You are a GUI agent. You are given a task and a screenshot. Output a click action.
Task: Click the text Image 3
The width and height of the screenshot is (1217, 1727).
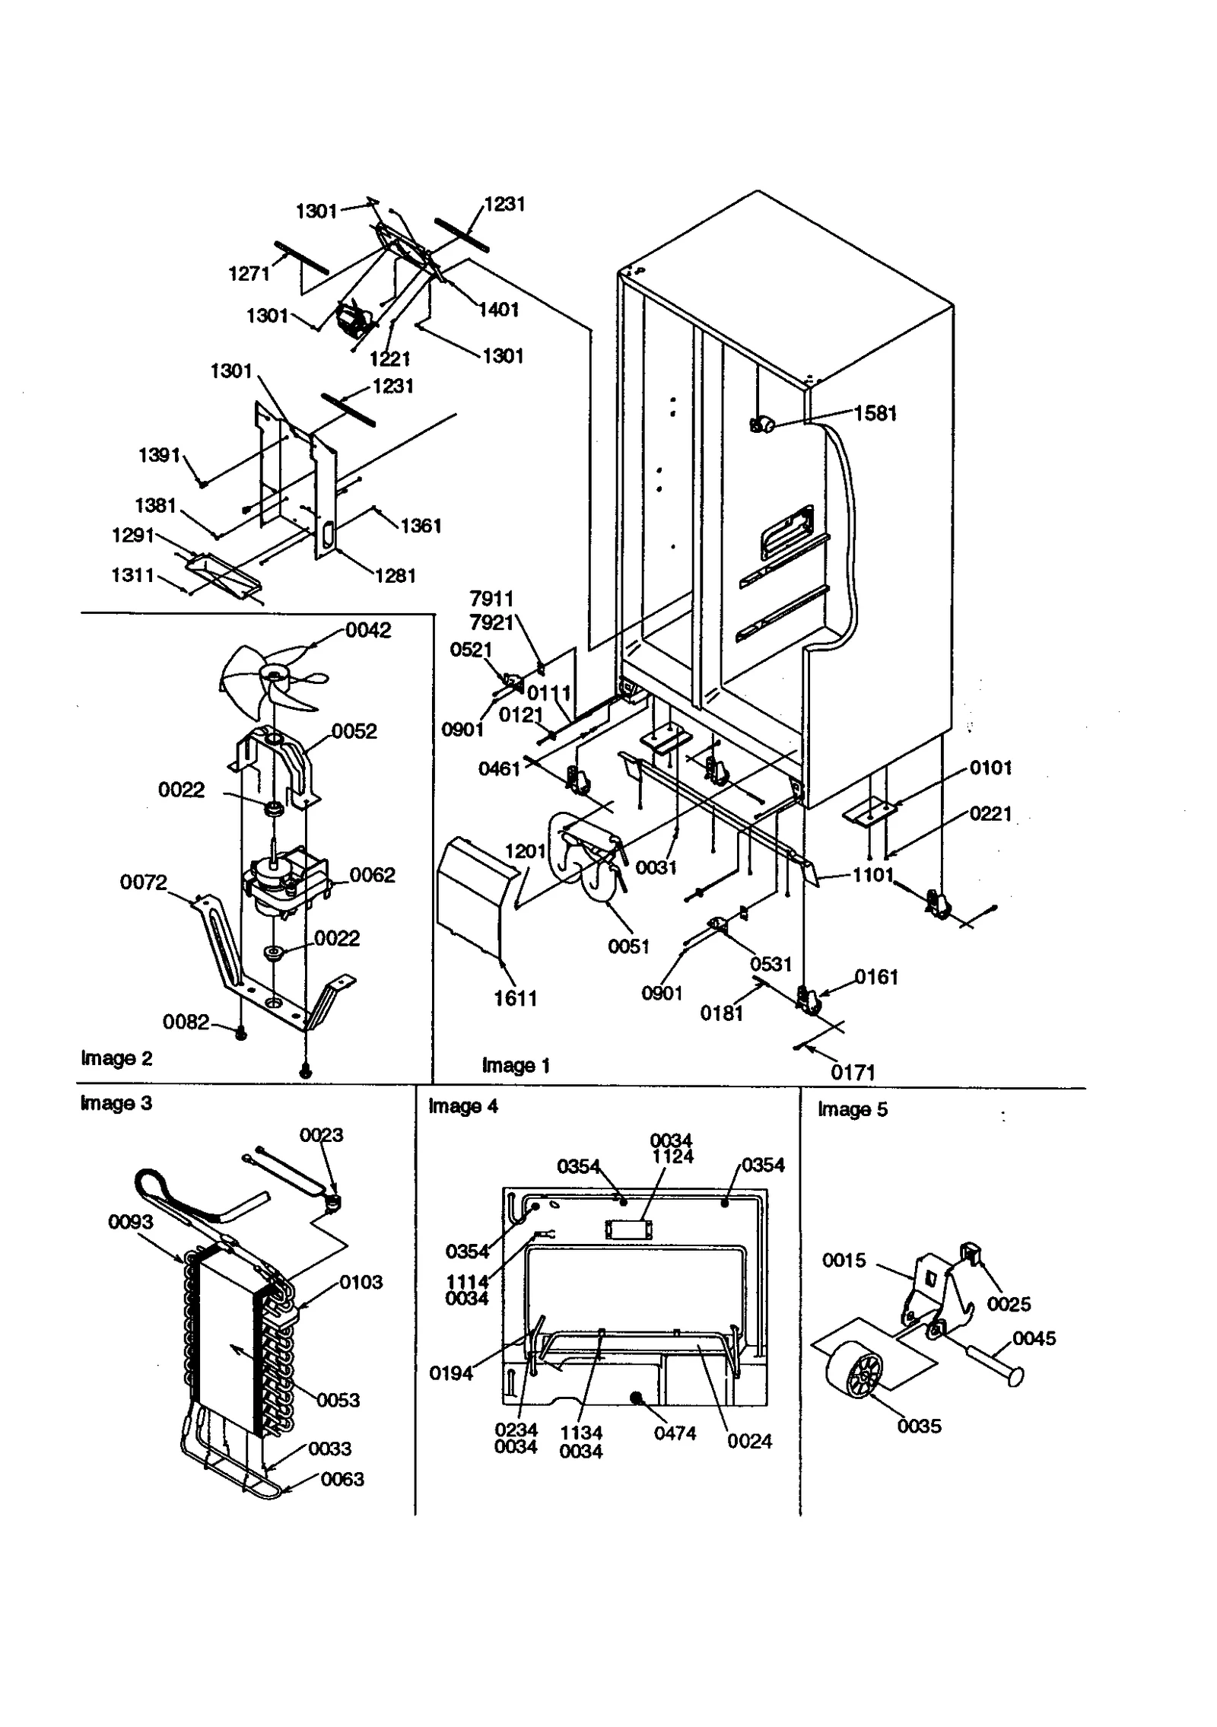click(x=116, y=1103)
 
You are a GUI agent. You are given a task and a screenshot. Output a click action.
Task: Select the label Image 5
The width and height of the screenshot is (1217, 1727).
click(x=852, y=1109)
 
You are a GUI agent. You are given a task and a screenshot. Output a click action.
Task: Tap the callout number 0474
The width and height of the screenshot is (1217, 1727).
click(x=675, y=1433)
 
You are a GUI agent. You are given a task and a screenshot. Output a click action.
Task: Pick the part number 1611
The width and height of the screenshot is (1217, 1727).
click(x=516, y=998)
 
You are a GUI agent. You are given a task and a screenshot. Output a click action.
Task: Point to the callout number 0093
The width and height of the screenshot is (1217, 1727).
click(x=130, y=1222)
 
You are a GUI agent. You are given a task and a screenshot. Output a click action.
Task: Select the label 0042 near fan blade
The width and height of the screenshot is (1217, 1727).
click(x=368, y=630)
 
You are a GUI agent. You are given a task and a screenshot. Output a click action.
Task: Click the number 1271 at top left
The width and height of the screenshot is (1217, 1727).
click(x=249, y=274)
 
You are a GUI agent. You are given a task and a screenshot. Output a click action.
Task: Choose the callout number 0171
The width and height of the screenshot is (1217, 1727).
click(x=853, y=1073)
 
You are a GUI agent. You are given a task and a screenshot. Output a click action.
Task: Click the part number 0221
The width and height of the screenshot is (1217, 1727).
click(x=990, y=813)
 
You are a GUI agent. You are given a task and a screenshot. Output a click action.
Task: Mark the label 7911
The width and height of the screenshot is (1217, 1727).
click(x=491, y=599)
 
